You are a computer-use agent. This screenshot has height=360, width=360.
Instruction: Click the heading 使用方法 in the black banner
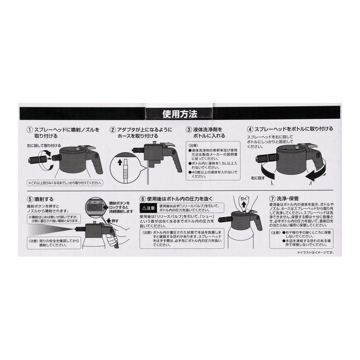[180, 114]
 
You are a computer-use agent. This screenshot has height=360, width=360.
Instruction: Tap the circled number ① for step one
[30, 129]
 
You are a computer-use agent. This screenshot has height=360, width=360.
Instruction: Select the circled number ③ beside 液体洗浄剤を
[189, 129]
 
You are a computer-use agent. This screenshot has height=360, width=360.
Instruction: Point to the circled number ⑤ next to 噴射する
[30, 199]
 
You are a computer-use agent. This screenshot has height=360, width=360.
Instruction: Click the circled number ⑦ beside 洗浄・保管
[273, 199]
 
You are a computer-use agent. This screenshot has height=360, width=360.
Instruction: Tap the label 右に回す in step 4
[258, 178]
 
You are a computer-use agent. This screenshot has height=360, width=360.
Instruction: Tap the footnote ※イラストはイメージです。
[315, 252]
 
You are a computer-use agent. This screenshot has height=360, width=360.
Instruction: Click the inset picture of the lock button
[94, 207]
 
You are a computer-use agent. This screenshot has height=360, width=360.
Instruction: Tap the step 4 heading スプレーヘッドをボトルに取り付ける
[294, 129]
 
